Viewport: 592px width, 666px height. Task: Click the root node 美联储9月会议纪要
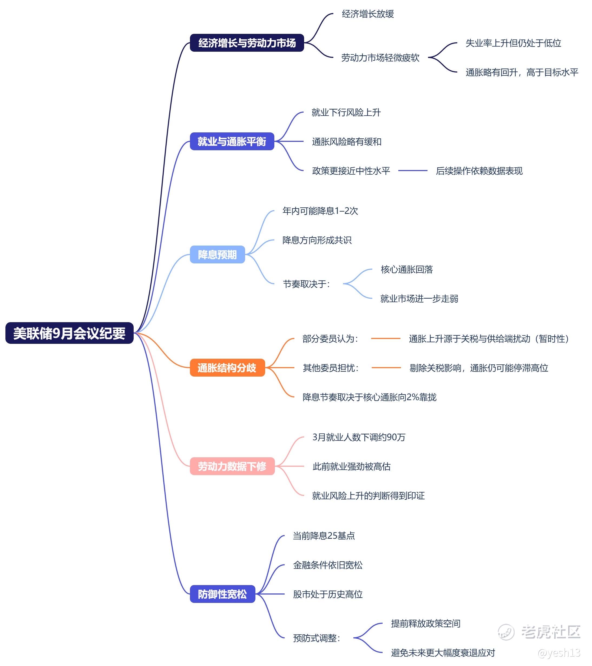[x=69, y=333]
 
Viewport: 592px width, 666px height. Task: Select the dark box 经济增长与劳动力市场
[x=247, y=43]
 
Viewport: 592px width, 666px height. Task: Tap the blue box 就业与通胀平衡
[x=232, y=141]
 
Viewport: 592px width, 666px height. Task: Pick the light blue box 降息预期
[x=217, y=254]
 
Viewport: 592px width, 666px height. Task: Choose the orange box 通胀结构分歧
[x=227, y=368]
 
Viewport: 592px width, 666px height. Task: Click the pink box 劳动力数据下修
[x=232, y=466]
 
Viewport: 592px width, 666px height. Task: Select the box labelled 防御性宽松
[x=222, y=594]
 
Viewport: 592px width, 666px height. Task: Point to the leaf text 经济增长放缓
[x=368, y=14]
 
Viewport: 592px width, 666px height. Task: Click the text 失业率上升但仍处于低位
[x=513, y=43]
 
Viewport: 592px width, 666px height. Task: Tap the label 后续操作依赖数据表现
[x=479, y=171]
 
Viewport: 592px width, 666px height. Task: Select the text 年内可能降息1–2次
[x=320, y=211]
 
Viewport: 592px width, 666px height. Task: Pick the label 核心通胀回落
[x=407, y=269]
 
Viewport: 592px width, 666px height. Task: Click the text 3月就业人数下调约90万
[x=359, y=437]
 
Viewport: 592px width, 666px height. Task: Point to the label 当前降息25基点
[x=324, y=536]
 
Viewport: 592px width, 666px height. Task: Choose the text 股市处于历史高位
[x=328, y=594]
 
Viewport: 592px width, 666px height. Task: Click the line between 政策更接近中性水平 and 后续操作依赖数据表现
[x=413, y=171]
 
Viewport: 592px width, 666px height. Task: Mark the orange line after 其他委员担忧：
[x=386, y=368]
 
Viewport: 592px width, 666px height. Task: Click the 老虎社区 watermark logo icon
[x=506, y=632]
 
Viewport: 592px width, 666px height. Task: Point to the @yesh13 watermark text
[x=559, y=653]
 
